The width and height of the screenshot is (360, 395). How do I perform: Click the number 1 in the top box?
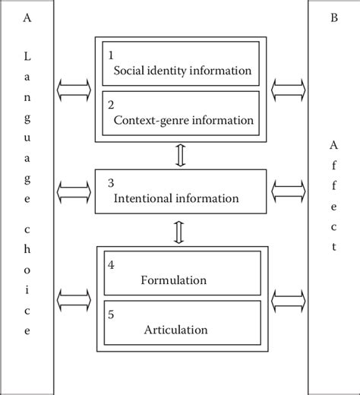[111, 55]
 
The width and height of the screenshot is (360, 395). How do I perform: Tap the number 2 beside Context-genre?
[111, 104]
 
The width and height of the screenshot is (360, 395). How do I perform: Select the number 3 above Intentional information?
[111, 183]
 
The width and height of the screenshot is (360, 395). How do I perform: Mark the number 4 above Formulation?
[111, 265]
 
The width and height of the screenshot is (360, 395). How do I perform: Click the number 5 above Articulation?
[111, 314]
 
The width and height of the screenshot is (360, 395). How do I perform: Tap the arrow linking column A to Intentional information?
[72, 188]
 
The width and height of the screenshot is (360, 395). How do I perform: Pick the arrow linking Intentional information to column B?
[288, 188]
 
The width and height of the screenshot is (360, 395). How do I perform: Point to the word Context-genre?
[147, 120]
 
